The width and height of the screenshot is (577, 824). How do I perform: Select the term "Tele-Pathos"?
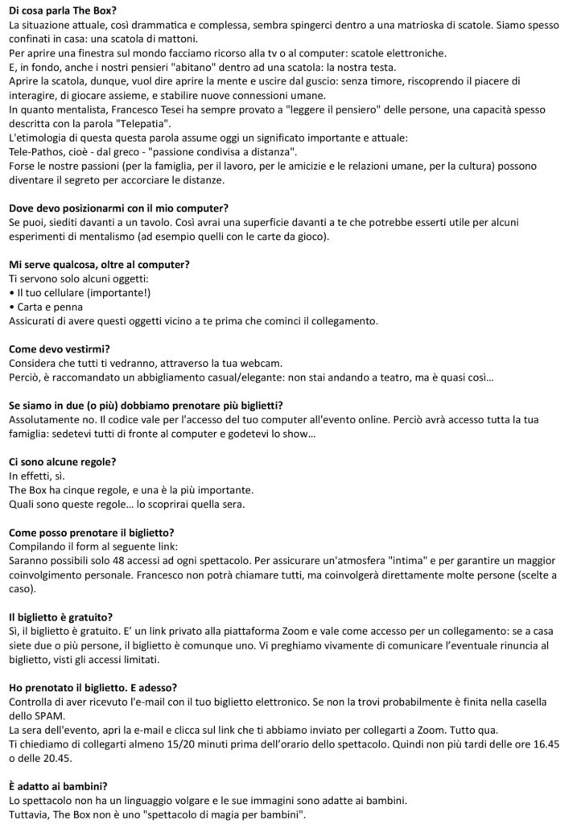coord(38,151)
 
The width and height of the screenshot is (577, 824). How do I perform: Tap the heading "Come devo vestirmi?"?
coord(59,348)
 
